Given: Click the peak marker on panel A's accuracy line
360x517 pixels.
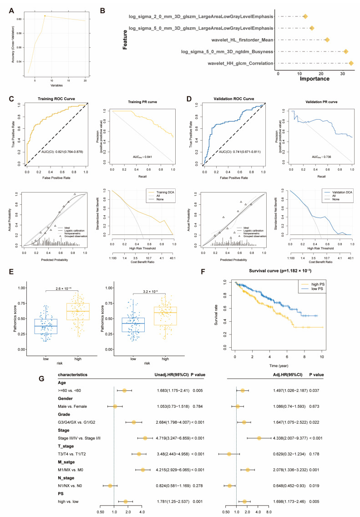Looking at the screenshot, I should pos(45,15).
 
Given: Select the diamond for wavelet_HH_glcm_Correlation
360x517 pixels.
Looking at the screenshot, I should pos(350,63).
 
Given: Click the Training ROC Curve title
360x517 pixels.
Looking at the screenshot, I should pos(56,98).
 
